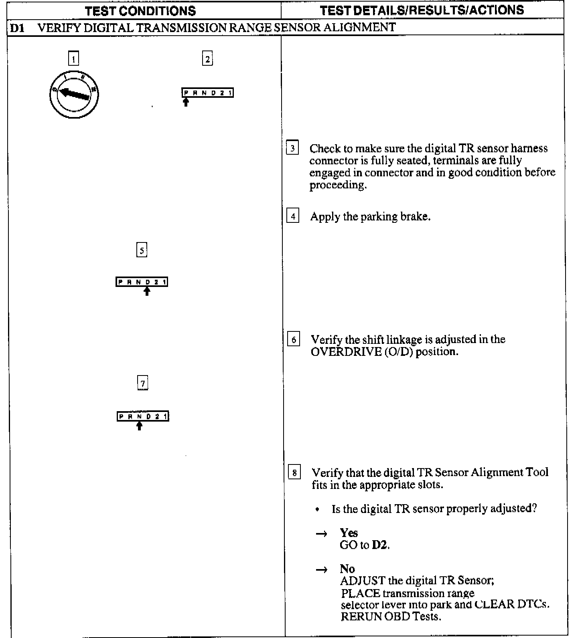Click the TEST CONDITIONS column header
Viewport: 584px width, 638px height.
tap(140, 10)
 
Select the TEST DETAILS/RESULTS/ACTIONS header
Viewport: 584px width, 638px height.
tap(422, 10)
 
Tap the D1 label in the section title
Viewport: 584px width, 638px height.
tap(17, 28)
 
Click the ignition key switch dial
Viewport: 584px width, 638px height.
tap(74, 95)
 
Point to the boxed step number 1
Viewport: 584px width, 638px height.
tap(73, 59)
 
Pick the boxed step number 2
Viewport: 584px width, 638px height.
tap(207, 59)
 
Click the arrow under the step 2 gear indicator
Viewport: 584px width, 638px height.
tap(186, 102)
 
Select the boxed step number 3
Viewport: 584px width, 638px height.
tap(292, 148)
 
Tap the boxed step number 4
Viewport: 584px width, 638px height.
tap(293, 216)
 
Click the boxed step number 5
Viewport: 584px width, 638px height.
tap(142, 250)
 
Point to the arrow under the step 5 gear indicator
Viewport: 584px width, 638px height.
tap(147, 291)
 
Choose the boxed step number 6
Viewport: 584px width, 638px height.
tap(294, 340)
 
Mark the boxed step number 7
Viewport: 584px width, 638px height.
tap(142, 383)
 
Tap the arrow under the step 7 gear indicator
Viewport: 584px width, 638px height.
tap(139, 426)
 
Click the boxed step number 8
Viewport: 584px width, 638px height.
tap(294, 473)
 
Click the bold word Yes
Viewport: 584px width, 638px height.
tap(349, 533)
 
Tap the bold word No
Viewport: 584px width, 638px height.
tap(347, 569)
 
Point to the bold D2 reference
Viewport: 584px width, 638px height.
tap(380, 545)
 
